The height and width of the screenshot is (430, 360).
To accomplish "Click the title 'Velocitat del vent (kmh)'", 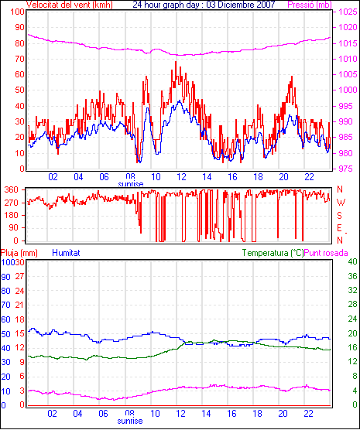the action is point(70,5).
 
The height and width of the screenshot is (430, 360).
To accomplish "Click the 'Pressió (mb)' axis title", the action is point(310,5).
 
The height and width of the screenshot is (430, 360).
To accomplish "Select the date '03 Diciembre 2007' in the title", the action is point(239,5).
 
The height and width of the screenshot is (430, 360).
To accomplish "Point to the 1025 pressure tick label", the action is point(348,12).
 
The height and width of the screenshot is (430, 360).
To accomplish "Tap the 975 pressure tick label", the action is point(345,169).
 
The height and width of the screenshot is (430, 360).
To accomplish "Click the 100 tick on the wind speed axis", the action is point(17,12).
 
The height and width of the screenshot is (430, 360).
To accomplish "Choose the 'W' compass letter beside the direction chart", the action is point(341,203).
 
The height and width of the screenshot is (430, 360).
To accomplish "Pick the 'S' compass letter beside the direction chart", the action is point(339,216).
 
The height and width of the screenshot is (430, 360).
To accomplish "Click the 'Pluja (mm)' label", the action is point(19,253).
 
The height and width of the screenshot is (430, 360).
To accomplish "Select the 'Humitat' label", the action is point(66,253).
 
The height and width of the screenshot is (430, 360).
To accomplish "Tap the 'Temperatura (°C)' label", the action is point(273,253).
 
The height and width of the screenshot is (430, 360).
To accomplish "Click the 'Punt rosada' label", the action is point(326,253).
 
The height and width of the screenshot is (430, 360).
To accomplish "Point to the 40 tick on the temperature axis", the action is point(352,261).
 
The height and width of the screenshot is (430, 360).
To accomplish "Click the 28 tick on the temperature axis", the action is point(352,304).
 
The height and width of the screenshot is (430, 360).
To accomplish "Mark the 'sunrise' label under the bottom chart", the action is point(130,421).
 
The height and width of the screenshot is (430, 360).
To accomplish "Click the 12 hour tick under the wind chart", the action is point(181,177).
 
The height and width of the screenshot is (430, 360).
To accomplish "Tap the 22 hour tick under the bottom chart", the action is point(309,413).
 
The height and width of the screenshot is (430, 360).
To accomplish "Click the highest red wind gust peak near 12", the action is point(176,62).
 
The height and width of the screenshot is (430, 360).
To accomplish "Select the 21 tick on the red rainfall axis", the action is point(19,305).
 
